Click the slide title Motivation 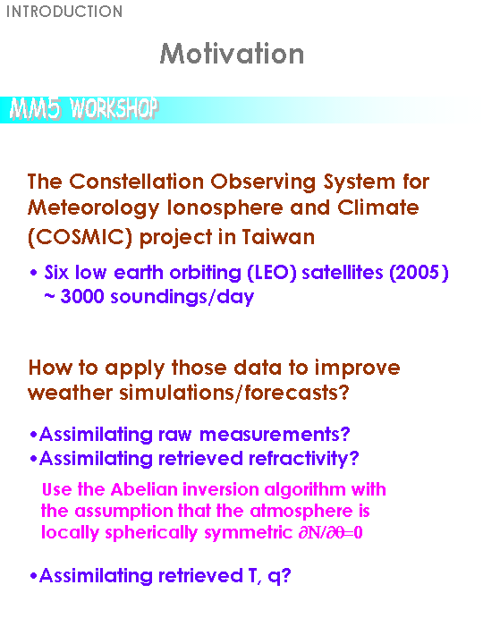[x=232, y=54]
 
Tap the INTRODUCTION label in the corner [x=64, y=12]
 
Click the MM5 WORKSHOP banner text [x=84, y=109]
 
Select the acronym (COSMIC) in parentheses [x=80, y=237]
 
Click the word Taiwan [x=278, y=236]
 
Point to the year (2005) [x=419, y=272]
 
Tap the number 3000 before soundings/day [x=82, y=296]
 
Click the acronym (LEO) [x=272, y=272]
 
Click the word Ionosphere [x=225, y=208]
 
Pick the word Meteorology [x=93, y=208]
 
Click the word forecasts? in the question [x=297, y=393]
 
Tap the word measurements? [x=275, y=434]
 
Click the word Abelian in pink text [x=144, y=489]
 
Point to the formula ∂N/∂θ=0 [x=331, y=533]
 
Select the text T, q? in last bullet [x=270, y=576]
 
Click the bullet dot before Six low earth [x=34, y=272]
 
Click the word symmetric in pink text [x=248, y=533]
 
